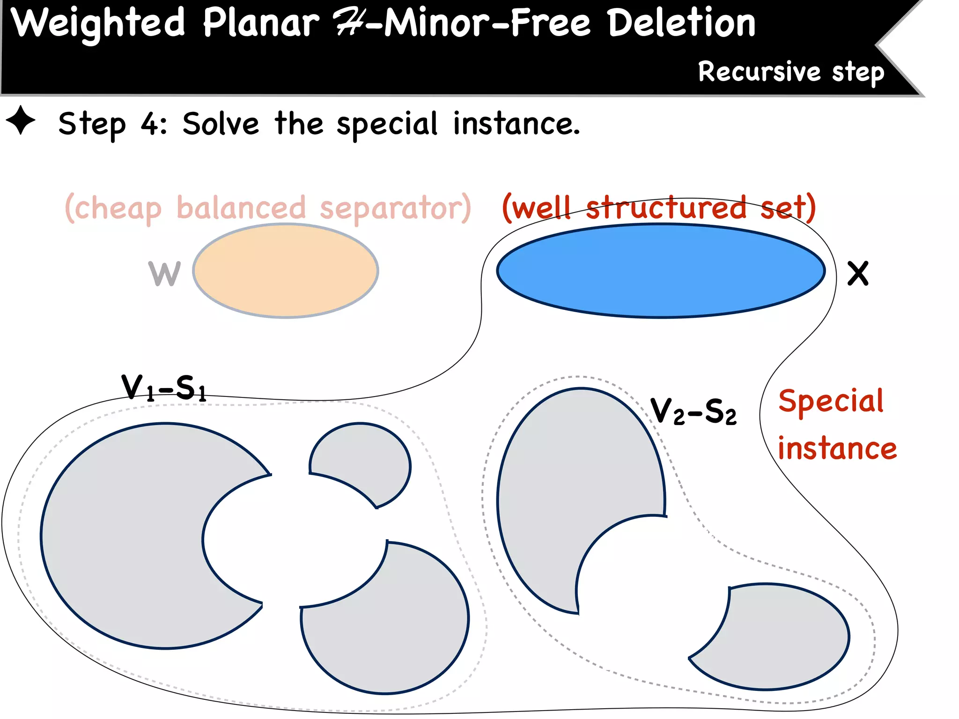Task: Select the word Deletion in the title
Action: [681, 23]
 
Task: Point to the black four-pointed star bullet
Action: [21, 120]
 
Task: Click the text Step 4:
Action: [112, 124]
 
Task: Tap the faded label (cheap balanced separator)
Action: [267, 208]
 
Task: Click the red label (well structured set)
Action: [658, 208]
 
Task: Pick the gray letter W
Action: [164, 274]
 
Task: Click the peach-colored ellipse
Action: [286, 271]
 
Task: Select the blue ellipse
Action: [660, 271]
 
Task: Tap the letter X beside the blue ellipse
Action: [858, 274]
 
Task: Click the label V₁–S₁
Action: [163, 388]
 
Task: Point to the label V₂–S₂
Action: [693, 411]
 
